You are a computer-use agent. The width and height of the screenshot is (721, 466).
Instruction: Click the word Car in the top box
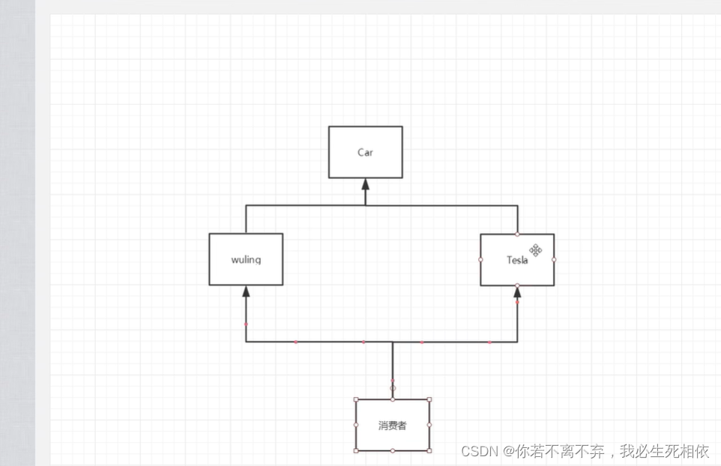[x=365, y=153]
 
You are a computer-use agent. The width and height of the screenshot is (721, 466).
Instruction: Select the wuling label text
[x=246, y=260]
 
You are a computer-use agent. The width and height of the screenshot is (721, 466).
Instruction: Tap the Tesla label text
[x=517, y=260]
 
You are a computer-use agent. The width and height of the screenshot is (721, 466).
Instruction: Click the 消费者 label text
[x=392, y=426]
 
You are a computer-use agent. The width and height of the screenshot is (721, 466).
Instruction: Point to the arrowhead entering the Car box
[x=366, y=184]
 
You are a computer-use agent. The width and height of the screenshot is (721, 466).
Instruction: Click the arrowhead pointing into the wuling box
[x=246, y=291]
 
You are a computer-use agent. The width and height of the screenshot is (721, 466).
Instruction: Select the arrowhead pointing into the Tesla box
[x=517, y=291]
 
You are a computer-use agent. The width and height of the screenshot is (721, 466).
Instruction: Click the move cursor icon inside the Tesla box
[x=535, y=250]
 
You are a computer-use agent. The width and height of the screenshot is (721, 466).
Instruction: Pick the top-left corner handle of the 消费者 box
[x=356, y=399]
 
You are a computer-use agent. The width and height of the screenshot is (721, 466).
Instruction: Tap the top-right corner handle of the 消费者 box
[x=429, y=399]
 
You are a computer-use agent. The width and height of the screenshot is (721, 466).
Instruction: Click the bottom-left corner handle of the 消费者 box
[x=356, y=451]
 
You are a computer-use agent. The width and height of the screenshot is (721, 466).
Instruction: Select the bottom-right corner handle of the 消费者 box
[x=429, y=451]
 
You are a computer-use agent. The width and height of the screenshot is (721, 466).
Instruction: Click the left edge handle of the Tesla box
[x=480, y=259]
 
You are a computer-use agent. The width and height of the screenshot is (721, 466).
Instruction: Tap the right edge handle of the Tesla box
[x=554, y=259]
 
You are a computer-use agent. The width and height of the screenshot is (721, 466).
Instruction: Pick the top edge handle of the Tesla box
[x=517, y=234]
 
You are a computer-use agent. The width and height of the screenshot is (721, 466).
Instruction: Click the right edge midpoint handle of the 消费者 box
[x=429, y=425]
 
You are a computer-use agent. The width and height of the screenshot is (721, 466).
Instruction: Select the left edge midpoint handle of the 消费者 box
[x=356, y=425]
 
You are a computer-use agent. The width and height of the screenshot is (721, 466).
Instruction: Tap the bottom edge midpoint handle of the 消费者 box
[x=393, y=451]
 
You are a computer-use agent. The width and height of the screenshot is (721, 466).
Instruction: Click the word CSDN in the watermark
[x=480, y=451]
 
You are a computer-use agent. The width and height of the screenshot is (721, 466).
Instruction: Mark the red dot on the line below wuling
[x=246, y=324]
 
